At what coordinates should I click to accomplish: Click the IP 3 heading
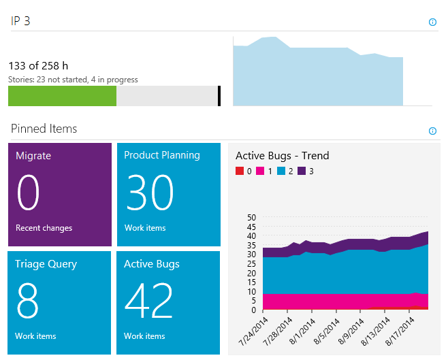[x=20, y=21]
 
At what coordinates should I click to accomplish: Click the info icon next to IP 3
[x=432, y=22]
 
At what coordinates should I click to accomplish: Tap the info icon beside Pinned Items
[x=432, y=131]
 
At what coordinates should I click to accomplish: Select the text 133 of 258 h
[x=38, y=66]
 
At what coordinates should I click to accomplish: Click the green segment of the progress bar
[x=62, y=96]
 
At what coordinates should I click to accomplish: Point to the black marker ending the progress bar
[x=219, y=96]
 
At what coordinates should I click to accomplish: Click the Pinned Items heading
[x=44, y=129]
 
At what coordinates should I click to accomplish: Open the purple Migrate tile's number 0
[x=29, y=193]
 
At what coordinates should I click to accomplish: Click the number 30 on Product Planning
[x=150, y=193]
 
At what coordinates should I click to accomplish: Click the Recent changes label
[x=44, y=228]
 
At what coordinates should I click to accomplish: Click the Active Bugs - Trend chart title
[x=282, y=156]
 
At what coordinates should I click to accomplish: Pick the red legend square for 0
[x=239, y=171]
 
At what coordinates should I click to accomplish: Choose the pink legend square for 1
[x=260, y=171]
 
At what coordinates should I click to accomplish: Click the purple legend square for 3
[x=302, y=171]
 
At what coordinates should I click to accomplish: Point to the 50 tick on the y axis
[x=251, y=218]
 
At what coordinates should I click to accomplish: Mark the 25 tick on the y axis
[x=251, y=264]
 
